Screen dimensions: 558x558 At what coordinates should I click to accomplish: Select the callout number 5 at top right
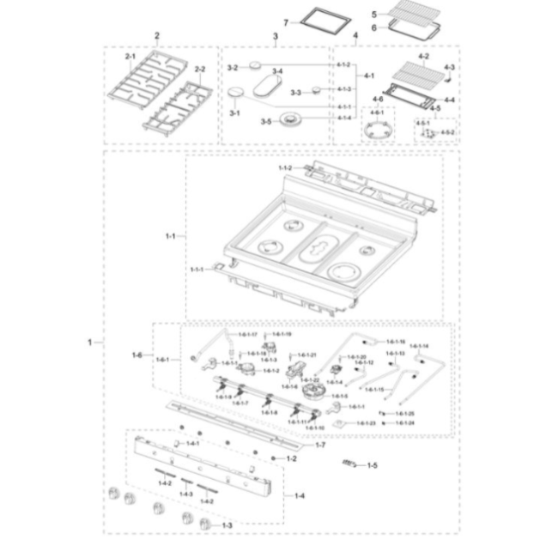pos(374,14)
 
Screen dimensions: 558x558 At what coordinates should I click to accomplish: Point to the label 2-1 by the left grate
pos(130,56)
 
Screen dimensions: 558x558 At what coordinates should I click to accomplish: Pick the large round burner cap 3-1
pos(238,94)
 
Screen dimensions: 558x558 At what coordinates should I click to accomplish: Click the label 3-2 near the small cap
pos(232,67)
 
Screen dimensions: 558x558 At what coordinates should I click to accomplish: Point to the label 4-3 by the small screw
pos(449,67)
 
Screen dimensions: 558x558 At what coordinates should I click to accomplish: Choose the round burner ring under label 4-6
pos(376,131)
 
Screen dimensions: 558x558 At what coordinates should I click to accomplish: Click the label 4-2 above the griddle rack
pos(423,57)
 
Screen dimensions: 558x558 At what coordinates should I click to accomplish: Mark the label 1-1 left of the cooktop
pos(169,234)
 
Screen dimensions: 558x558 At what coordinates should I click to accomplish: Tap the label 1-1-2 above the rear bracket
pos(285,168)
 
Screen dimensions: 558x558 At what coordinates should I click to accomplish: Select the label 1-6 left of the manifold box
pos(136,355)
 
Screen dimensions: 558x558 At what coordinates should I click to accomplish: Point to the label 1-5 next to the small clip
pos(372,465)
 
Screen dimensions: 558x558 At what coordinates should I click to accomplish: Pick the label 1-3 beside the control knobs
pos(227,525)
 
